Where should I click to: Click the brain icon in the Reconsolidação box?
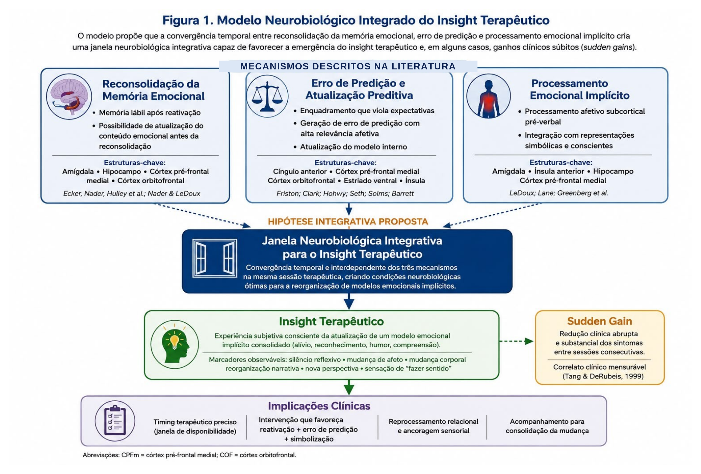pyautogui.click(x=69, y=96)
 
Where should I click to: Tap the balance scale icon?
pyautogui.click(x=267, y=96)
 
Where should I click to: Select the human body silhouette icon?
pyautogui.click(x=488, y=96)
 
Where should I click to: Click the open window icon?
pyautogui.click(x=215, y=258)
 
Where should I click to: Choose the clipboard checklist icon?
pyautogui.click(x=115, y=421)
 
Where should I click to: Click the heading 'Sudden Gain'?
pyautogui.click(x=599, y=321)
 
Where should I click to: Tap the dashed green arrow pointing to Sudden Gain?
pyautogui.click(x=516, y=341)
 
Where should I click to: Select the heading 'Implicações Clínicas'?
pyautogui.click(x=319, y=406)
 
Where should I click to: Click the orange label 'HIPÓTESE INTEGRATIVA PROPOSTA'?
pyautogui.click(x=348, y=221)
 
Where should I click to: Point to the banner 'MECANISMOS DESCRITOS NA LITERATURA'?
pyautogui.click(x=348, y=66)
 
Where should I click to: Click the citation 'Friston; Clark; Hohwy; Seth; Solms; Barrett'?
pyautogui.click(x=345, y=193)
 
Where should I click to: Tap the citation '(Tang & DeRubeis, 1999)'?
pyautogui.click(x=603, y=376)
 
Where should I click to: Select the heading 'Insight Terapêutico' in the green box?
pyautogui.click(x=331, y=321)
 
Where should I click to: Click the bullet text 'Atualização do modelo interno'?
pyautogui.click(x=353, y=147)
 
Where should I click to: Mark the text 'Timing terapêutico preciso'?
pyautogui.click(x=195, y=422)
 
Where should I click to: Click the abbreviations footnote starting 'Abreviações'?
pyautogui.click(x=189, y=455)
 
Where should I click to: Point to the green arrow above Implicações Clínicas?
pyautogui.click(x=349, y=387)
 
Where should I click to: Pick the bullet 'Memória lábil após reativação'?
pyautogui.click(x=150, y=113)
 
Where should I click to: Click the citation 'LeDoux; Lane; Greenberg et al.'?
pyautogui.click(x=559, y=193)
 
